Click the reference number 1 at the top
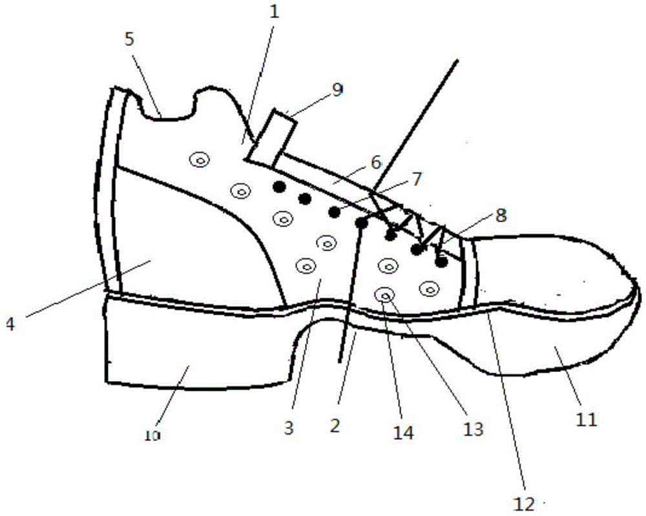[274, 12]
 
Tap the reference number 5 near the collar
[130, 40]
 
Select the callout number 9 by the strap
[337, 89]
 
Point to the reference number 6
[376, 163]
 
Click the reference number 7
[417, 179]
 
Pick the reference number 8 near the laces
[501, 215]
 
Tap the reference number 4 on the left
[10, 324]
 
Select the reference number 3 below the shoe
[289, 428]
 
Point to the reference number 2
[335, 426]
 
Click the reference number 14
[403, 433]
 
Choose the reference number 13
[473, 429]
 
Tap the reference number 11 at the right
[587, 420]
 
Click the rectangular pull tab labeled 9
[272, 138]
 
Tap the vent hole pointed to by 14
[385, 295]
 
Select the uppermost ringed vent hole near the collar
[200, 160]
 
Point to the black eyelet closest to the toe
[441, 262]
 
